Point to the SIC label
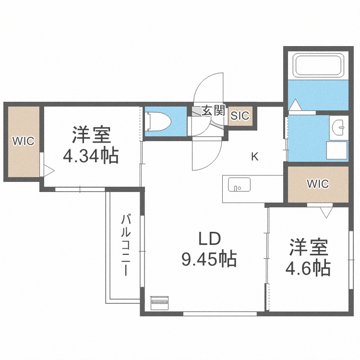tap(240, 116)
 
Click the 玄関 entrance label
tap(213, 111)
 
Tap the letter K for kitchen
tap(255, 156)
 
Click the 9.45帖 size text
tap(209, 260)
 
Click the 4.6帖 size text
tap(309, 268)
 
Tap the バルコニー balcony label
tap(126, 245)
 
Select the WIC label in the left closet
tap(23, 142)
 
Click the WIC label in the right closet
tap(318, 184)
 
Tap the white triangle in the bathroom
tap(295, 104)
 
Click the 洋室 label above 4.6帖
tap(309, 247)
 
